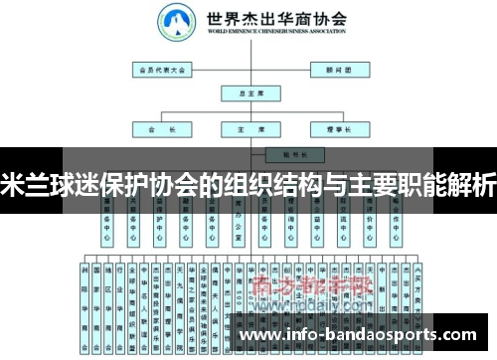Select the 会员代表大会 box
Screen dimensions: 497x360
coord(163,71)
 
